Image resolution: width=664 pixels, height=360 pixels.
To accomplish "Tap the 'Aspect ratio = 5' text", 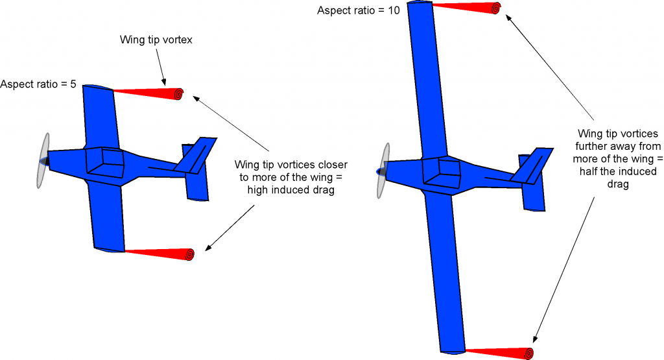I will (x=38, y=84).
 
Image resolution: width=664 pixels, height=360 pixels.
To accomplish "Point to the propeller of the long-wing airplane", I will (x=382, y=171).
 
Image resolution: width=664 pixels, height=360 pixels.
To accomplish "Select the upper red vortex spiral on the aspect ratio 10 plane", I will (x=496, y=8).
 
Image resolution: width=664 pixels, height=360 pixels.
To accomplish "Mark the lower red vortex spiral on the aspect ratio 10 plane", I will (x=528, y=354).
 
